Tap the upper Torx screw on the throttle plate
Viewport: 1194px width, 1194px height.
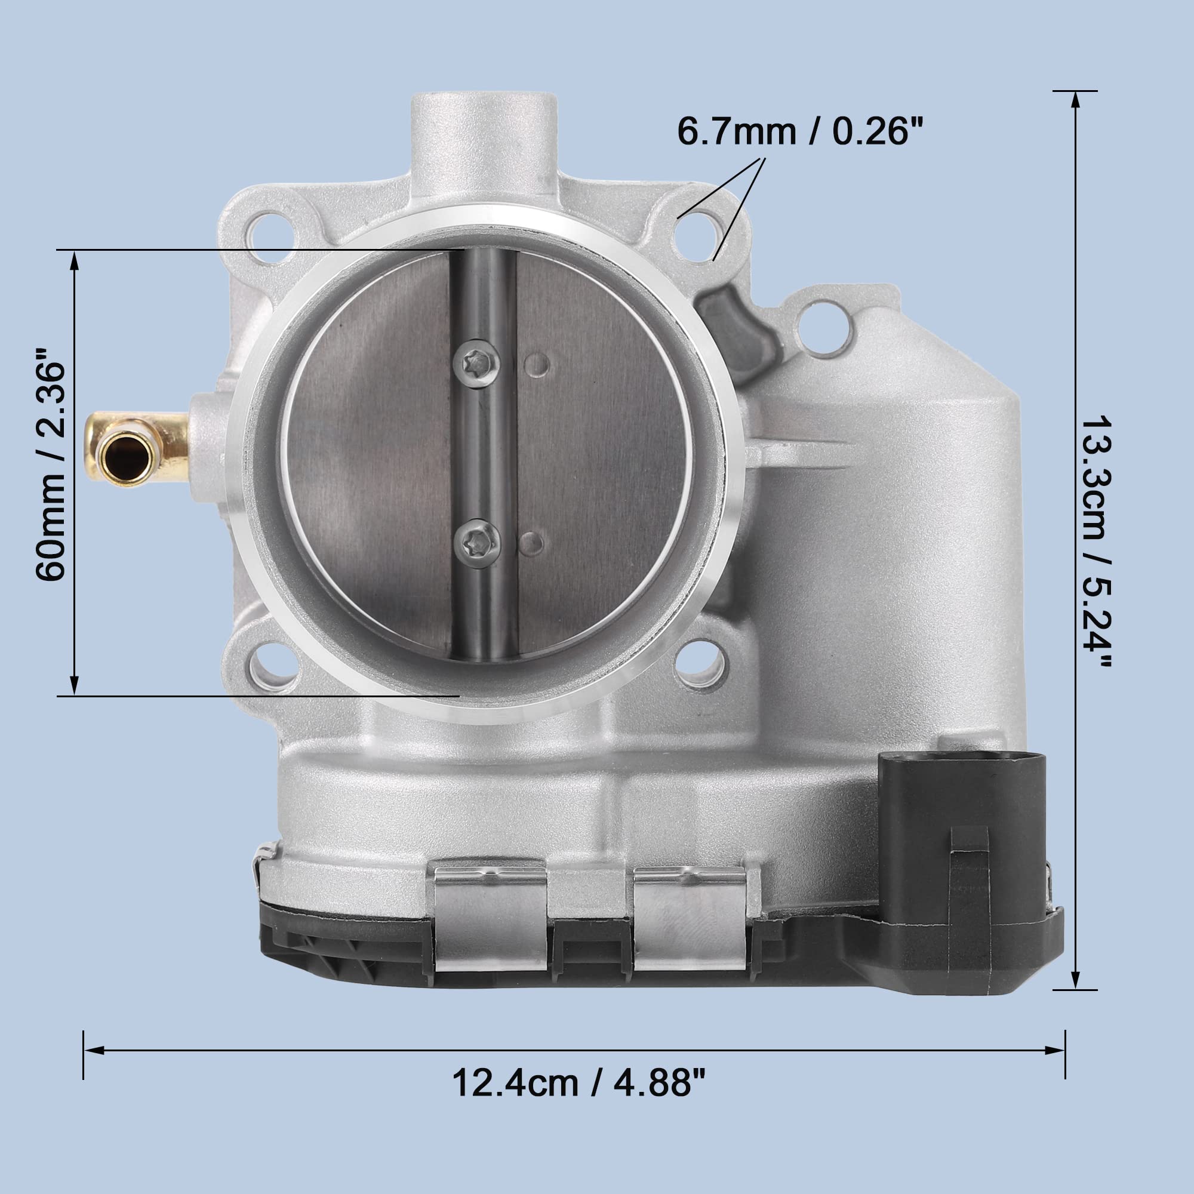coord(476,364)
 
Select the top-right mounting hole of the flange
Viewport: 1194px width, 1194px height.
coord(698,236)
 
